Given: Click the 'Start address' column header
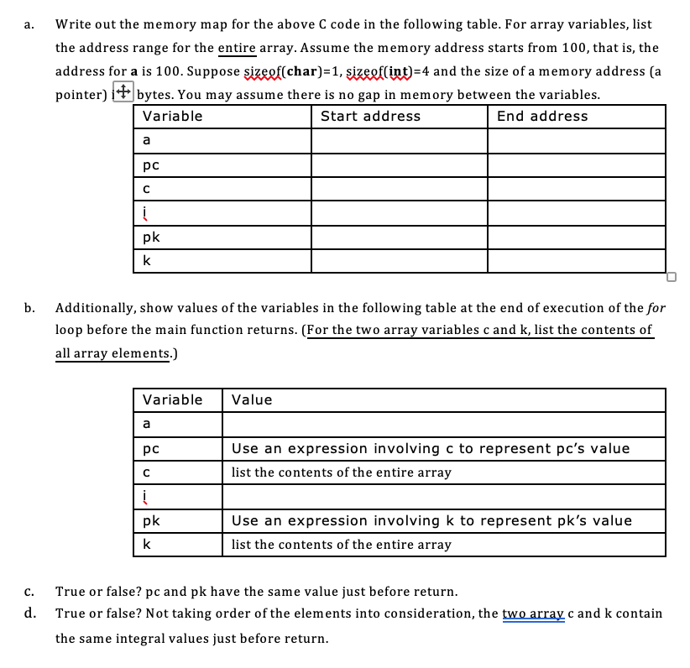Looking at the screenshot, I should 370,117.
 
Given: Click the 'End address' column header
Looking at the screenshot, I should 542,117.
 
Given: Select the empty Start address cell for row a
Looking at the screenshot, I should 399,140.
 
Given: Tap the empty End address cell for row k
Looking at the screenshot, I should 576,261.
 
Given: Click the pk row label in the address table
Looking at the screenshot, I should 151,237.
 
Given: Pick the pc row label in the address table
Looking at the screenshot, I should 151,164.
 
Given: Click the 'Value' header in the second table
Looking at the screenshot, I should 252,399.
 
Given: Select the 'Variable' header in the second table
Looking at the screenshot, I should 173,399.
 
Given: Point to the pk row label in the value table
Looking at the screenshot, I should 151,520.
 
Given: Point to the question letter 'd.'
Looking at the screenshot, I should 30,613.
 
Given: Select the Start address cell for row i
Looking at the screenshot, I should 399,213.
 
